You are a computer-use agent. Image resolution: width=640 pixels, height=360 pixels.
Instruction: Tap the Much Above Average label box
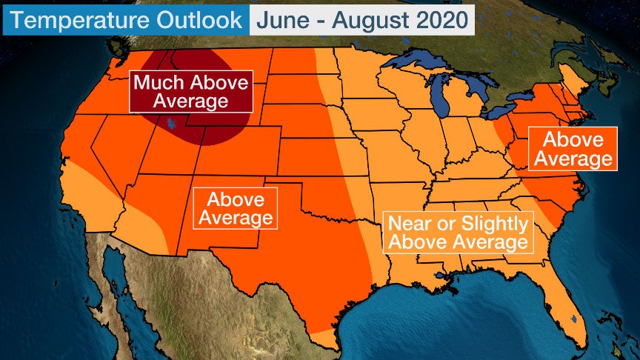190,91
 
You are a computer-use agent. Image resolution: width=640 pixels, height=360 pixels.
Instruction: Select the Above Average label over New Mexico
235,208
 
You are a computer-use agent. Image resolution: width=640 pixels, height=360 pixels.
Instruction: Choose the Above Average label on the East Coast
572,148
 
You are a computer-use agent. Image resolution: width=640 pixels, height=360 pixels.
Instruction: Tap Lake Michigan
442,100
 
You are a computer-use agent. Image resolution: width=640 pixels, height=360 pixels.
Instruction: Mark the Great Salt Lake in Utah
171,122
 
